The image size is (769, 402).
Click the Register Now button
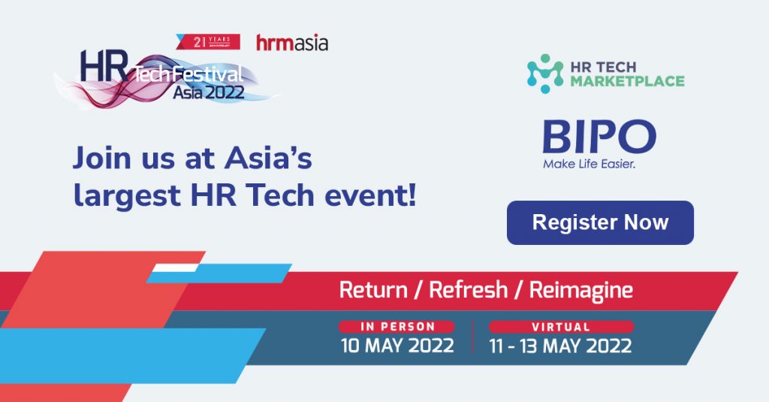coord(600,222)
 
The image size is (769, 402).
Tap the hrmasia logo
coord(292,43)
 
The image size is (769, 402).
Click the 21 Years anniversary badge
coord(209,42)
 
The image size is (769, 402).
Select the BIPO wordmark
coord(599,137)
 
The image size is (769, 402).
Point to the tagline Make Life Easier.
coord(589,164)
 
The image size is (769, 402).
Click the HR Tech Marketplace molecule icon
coord(545,74)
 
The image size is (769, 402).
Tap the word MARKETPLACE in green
coord(627,81)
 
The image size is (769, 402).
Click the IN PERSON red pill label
coord(397,327)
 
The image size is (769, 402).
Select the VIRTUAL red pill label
coord(561,327)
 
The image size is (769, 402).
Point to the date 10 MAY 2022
coord(397,346)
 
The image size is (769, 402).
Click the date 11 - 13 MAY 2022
coord(560,346)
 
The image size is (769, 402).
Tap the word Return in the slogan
coord(373,289)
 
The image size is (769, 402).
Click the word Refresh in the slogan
coord(469,289)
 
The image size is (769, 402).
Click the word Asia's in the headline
coord(268,159)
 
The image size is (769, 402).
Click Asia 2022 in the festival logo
coord(209,92)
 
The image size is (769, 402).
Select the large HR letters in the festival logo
coord(104,66)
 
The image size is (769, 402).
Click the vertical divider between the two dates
coord(472,337)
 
